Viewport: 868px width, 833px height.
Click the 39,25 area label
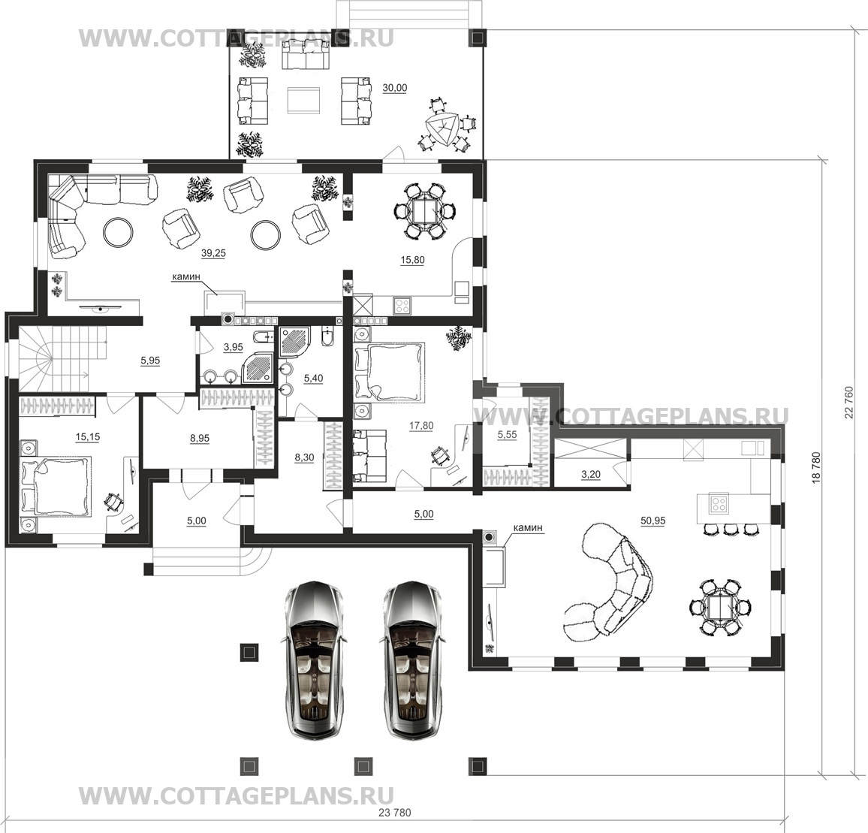tap(213, 252)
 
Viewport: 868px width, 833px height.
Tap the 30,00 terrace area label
tap(395, 88)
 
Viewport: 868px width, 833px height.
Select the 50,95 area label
tap(653, 521)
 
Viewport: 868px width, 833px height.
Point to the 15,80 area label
tap(412, 259)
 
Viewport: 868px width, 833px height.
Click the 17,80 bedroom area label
tap(421, 425)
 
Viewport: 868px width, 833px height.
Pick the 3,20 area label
tap(591, 474)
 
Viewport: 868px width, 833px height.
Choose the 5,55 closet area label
tap(507, 435)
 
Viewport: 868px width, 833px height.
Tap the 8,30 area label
tap(304, 457)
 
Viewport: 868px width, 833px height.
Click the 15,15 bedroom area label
tap(87, 437)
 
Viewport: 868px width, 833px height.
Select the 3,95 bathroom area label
tap(233, 347)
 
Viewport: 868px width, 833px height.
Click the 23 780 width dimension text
tap(395, 813)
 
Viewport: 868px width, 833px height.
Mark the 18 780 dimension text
tap(815, 469)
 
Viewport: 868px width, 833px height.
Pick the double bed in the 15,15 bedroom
tap(56, 485)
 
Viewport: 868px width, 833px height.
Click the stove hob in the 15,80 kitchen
tap(402, 306)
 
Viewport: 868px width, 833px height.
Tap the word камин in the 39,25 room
tap(186, 276)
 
